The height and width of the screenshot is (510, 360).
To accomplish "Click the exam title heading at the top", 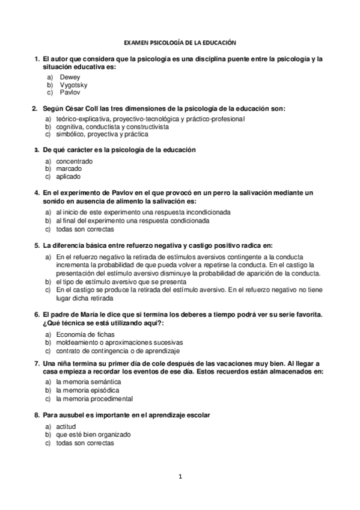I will [180, 43].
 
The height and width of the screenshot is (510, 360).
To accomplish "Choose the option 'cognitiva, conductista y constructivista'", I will [112, 127].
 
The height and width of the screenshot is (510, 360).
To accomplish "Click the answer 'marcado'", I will [69, 170].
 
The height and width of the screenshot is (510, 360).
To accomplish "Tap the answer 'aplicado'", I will [69, 177].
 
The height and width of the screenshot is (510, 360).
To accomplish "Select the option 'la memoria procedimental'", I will [94, 398].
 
